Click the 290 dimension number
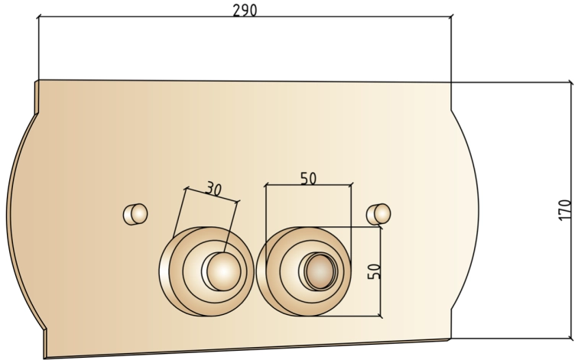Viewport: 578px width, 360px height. [245, 10]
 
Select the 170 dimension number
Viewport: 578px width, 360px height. [565, 209]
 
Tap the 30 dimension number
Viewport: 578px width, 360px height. [213, 189]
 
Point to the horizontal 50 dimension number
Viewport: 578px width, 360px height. [309, 178]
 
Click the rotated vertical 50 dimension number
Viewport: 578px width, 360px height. [374, 271]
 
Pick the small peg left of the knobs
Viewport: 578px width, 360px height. [135, 214]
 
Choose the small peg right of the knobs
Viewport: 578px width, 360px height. [378, 214]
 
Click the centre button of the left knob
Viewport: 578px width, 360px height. [222, 271]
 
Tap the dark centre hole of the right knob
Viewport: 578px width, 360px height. [320, 271]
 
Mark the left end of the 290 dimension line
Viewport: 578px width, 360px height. [39, 17]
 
